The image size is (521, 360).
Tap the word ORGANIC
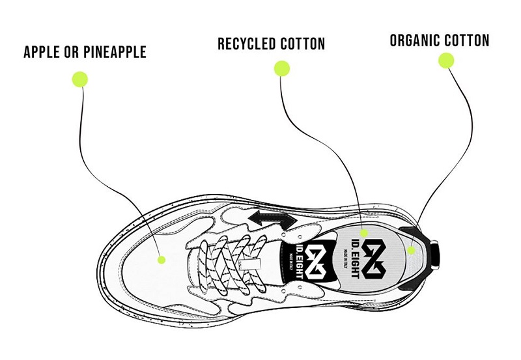coord(415,40)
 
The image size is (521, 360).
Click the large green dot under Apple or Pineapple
coord(79,79)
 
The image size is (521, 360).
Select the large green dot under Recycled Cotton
coord(281,68)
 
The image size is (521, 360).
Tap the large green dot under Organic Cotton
coord(446,61)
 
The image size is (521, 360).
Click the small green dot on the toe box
coord(161,260)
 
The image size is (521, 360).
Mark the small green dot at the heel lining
coord(412,250)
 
